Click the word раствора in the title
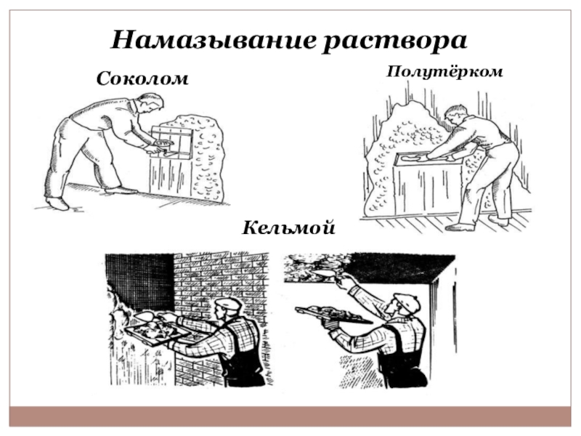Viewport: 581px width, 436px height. click(395, 41)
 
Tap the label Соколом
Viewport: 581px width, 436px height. click(142, 78)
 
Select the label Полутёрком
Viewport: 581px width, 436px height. click(444, 71)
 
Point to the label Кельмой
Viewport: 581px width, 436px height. click(288, 227)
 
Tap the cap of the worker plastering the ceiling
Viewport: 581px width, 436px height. click(407, 301)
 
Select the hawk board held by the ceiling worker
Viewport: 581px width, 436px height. click(333, 315)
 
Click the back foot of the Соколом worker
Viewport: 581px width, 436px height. click(57, 203)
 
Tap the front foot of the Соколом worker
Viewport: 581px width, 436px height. click(121, 190)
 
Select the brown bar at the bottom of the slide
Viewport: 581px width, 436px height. click(290, 416)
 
